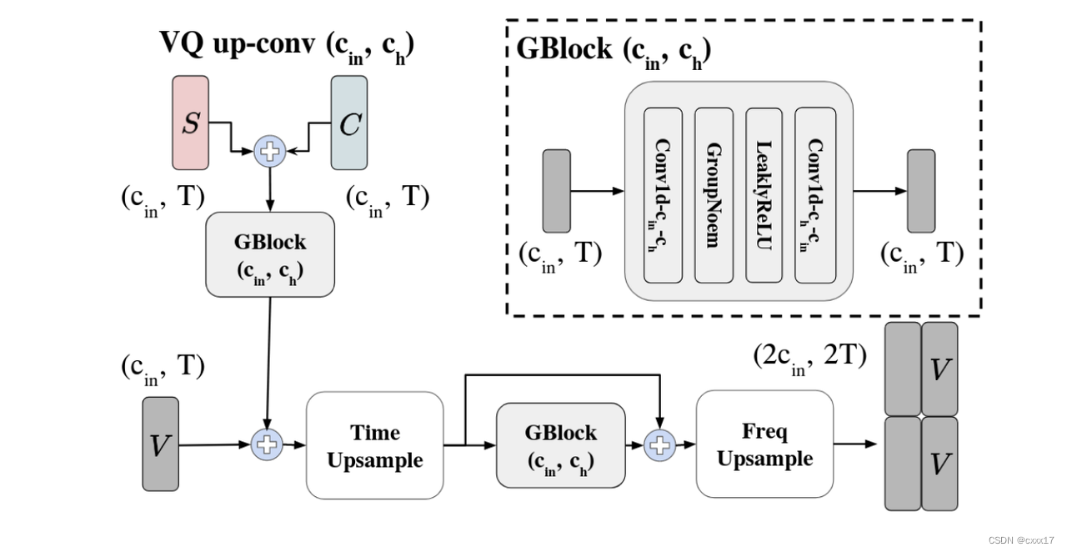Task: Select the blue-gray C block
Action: [349, 124]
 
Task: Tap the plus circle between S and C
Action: [269, 150]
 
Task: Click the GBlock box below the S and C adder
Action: [270, 253]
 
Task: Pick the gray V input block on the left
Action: [160, 444]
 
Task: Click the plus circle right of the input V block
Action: [268, 444]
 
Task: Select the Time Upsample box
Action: [374, 445]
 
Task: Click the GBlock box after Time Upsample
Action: [560, 445]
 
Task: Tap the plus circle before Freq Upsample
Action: [660, 445]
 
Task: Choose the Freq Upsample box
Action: [764, 444]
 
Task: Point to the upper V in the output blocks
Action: [939, 369]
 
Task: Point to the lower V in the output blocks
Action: [939, 463]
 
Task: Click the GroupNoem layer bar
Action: [714, 194]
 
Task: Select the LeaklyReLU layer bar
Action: [764, 194]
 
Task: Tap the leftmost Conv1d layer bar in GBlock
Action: [664, 194]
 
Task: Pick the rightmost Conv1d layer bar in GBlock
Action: [815, 194]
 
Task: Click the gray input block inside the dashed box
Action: [556, 191]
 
